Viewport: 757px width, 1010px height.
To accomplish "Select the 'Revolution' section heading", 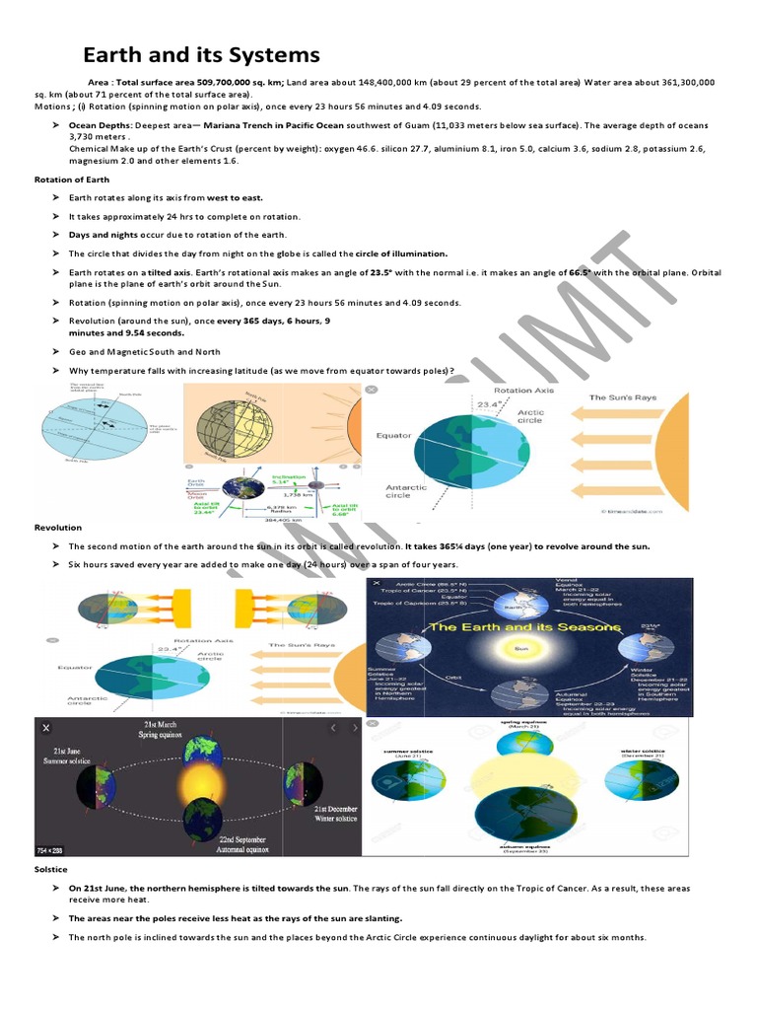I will click(x=58, y=528).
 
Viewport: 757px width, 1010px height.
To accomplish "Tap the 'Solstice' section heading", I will click(x=50, y=869).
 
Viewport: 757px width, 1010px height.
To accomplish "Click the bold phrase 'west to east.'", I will click(x=235, y=198).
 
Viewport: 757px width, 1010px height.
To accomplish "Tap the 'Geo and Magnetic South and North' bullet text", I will click(x=144, y=352).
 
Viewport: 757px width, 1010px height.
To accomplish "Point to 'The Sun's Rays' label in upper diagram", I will click(x=622, y=397).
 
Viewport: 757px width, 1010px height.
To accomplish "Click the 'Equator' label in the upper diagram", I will click(x=393, y=434).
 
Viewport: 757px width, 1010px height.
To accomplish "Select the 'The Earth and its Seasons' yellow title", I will click(x=523, y=627).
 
